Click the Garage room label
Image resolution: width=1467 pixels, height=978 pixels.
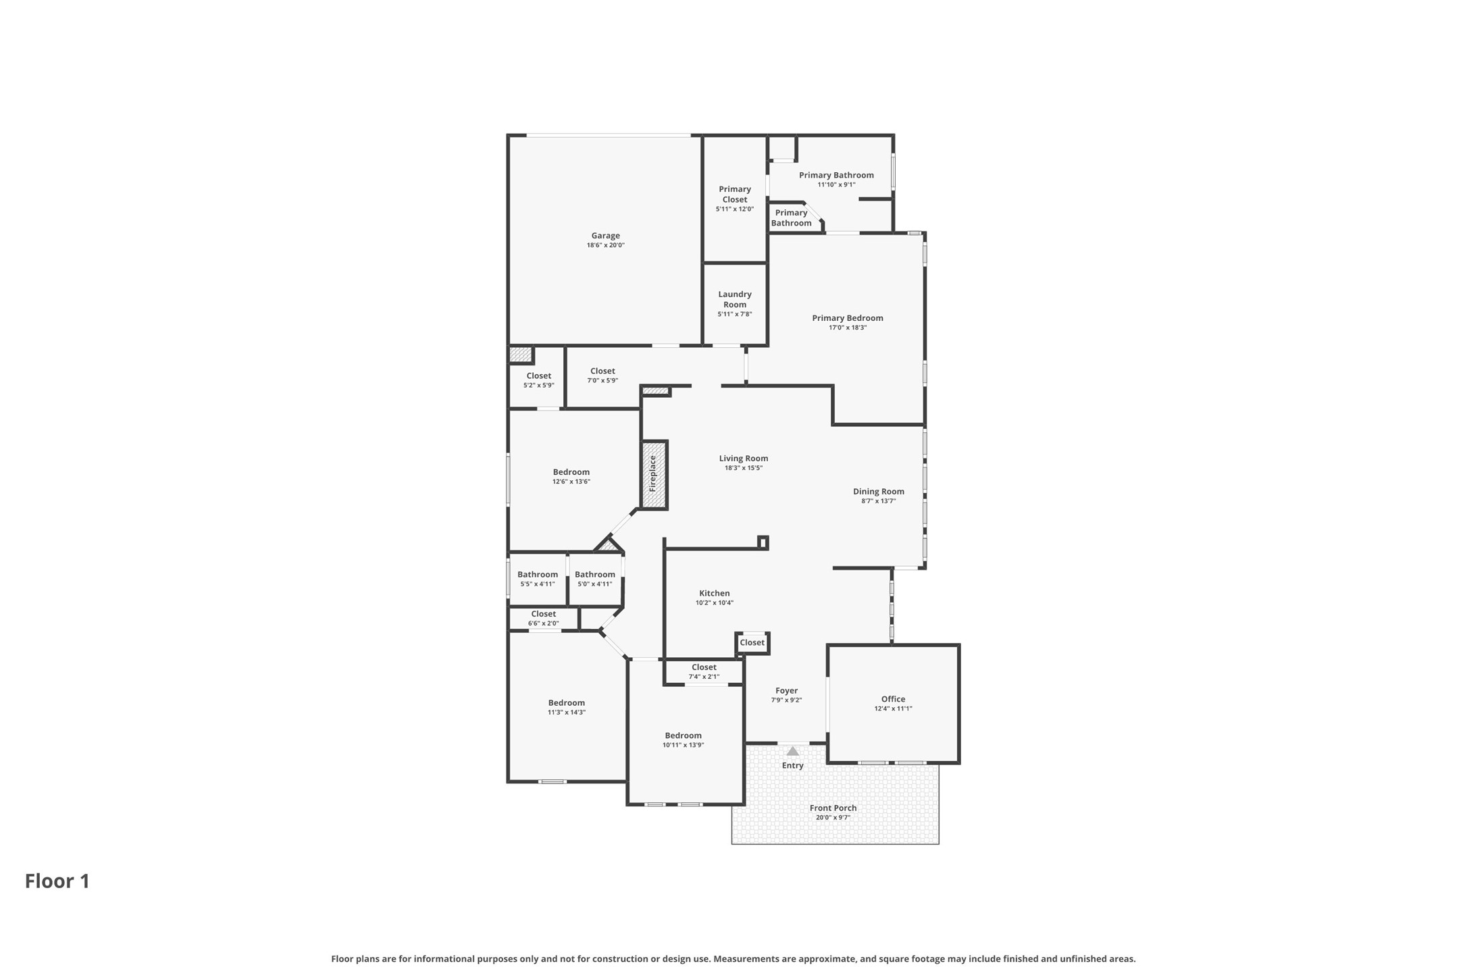(605, 236)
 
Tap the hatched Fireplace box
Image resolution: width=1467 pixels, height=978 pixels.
(654, 474)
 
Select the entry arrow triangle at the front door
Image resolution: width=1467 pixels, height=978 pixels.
(792, 751)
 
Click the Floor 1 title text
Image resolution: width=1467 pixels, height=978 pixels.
(57, 881)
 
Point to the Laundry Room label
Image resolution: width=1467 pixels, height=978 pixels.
(734, 299)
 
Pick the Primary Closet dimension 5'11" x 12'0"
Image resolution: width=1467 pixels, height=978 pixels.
(734, 209)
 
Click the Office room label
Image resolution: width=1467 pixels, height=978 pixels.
(893, 699)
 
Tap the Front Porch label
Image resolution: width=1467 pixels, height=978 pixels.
(833, 808)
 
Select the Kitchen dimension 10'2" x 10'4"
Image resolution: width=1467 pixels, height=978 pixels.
(714, 603)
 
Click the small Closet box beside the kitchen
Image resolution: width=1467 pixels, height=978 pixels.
(752, 642)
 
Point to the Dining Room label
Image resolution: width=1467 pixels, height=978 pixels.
(878, 492)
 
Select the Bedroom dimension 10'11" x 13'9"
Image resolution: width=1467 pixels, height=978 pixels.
(683, 745)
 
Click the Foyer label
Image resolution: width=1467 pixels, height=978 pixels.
(786, 690)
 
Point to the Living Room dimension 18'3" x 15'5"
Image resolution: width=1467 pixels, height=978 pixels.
(743, 468)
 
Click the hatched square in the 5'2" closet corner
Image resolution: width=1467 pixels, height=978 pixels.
(520, 354)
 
